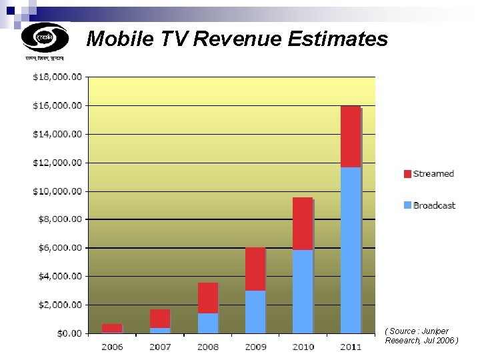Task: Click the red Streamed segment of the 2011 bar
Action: (x=351, y=137)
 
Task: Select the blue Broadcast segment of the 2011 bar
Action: (x=351, y=250)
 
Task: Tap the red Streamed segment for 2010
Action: (x=303, y=224)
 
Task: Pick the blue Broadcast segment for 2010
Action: (x=303, y=291)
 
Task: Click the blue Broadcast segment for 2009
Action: (x=255, y=311)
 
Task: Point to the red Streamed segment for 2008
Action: (x=207, y=298)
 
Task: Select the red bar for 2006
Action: (x=112, y=328)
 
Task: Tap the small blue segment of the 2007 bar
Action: (x=160, y=330)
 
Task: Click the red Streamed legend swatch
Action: (x=407, y=174)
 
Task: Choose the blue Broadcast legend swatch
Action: (x=407, y=205)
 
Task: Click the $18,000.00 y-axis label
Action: (x=57, y=77)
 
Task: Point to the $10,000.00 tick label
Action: (x=57, y=191)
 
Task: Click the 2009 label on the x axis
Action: (x=255, y=347)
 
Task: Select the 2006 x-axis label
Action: (x=112, y=347)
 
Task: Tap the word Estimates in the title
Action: (x=337, y=39)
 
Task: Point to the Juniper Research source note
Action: (x=421, y=335)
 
